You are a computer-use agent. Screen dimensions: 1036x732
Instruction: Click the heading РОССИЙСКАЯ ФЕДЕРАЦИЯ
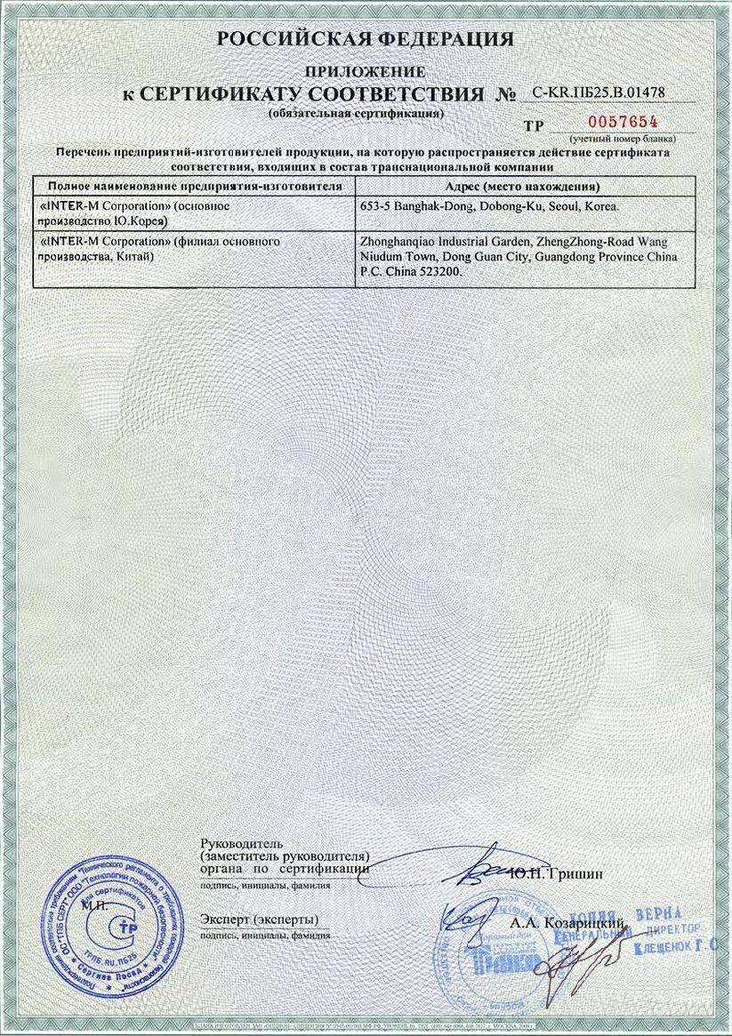[366, 38]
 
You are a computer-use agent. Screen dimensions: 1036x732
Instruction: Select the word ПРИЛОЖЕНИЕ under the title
[366, 70]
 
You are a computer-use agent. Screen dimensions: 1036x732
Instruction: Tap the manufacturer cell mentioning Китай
[193, 249]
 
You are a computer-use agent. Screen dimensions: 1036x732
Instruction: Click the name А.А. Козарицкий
[569, 924]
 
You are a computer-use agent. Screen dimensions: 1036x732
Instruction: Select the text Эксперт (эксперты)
[259, 919]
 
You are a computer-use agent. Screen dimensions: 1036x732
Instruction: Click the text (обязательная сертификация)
[356, 115]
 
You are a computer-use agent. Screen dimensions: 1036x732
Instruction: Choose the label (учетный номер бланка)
[623, 139]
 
